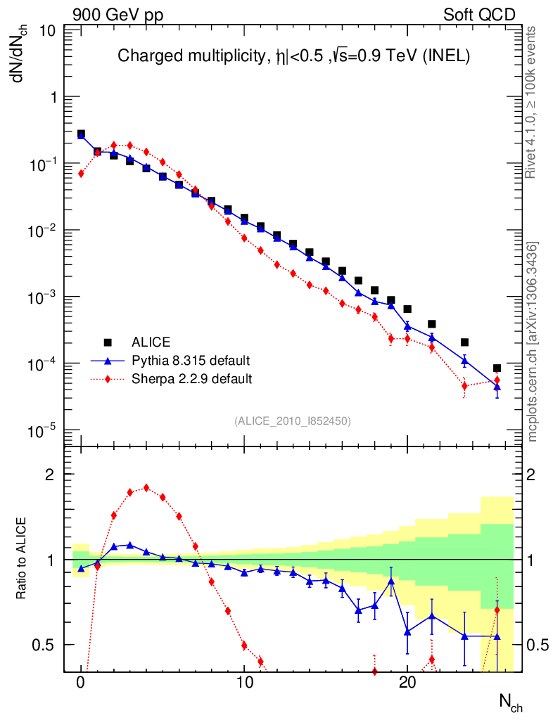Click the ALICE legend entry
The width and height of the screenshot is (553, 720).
[151, 342]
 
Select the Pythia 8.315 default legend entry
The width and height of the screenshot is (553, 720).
[191, 361]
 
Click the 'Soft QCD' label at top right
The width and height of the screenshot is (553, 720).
[479, 15]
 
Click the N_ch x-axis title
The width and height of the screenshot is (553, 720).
[510, 701]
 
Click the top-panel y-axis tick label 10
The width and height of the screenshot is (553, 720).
[48, 31]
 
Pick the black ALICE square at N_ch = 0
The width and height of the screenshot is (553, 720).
[81, 134]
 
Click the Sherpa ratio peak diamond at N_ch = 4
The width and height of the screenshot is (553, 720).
[146, 487]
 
